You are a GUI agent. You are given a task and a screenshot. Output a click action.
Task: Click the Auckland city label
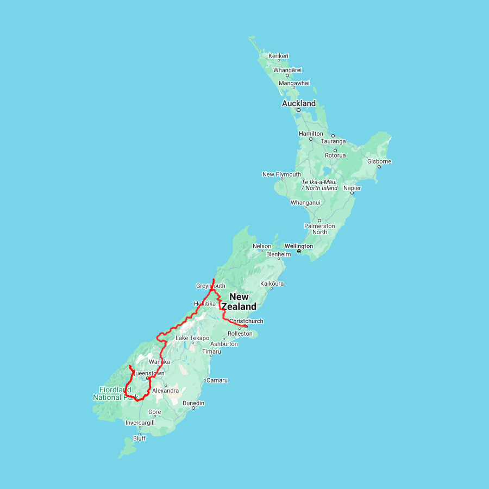coord(298,103)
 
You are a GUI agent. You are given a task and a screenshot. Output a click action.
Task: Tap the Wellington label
coord(298,246)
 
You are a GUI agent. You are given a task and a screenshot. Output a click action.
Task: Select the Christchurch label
coord(246,321)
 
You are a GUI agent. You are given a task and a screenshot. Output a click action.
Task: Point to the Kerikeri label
coord(278,56)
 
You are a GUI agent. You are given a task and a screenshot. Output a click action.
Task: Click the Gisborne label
coord(379,161)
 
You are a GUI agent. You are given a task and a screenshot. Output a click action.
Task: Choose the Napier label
coord(352,188)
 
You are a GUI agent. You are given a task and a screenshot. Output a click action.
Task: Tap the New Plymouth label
coord(281,174)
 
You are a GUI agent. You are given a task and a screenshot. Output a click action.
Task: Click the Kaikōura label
coord(272,284)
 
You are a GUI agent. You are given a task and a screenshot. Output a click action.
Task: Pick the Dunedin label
coord(193,403)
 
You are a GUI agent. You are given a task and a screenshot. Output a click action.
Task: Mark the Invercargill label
coord(140,423)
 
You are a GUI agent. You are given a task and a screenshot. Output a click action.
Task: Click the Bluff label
coord(140,438)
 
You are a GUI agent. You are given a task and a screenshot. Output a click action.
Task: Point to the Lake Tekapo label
coord(192,338)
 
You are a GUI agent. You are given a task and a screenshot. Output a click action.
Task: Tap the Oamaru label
coord(217,380)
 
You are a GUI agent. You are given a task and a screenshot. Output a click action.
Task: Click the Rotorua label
coord(335,155)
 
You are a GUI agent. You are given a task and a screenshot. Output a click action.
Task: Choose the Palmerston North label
coord(319,229)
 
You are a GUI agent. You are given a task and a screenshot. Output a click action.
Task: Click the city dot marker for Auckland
coord(298,110)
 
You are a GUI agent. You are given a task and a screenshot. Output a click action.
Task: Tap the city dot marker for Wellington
coord(299,252)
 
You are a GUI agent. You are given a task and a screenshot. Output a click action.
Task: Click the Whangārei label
coord(287,70)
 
